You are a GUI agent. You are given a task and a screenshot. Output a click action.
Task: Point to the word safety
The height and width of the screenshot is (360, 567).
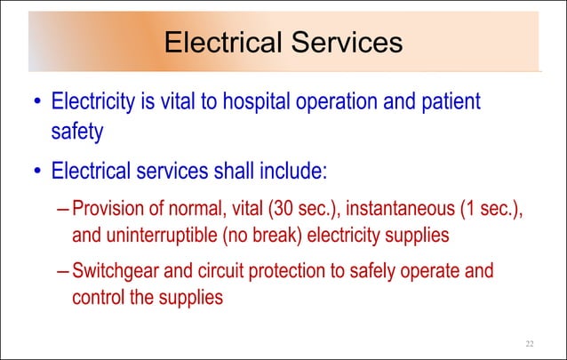77,132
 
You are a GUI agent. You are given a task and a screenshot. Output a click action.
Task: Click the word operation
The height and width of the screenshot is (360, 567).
334,103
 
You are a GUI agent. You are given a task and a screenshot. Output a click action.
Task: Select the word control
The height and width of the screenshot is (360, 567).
99,297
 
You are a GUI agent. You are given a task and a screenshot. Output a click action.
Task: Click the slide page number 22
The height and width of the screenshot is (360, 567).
530,343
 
